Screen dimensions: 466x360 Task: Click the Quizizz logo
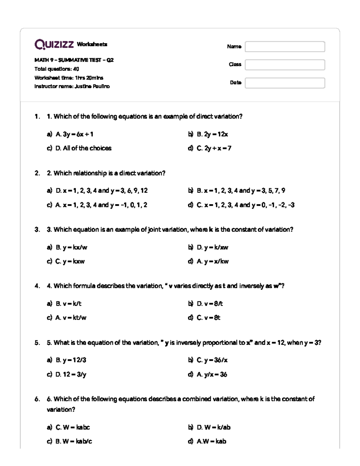tap(54, 44)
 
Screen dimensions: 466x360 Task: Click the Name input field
tap(285, 47)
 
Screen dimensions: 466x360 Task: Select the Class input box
tap(285, 65)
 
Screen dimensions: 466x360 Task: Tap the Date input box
tap(285, 83)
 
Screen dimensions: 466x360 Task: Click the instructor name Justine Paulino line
tap(72, 86)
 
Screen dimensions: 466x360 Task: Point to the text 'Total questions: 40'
tap(57, 69)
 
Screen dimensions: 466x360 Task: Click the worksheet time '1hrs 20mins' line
tap(69, 78)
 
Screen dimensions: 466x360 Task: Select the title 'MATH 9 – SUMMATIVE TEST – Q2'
tap(74, 60)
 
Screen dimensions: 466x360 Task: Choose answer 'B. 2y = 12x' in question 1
tap(212, 134)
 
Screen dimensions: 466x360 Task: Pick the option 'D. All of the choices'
tap(83, 148)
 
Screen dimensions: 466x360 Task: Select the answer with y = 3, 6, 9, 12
tap(101, 191)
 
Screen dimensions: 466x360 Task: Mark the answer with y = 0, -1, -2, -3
tap(245, 205)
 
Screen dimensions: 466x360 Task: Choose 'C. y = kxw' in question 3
tap(70, 261)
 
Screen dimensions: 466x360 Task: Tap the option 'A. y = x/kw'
tap(212, 261)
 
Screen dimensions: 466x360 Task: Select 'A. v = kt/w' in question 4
tap(71, 317)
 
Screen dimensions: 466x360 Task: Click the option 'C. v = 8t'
tap(208, 317)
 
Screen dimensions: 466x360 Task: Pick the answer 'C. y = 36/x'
tap(212, 360)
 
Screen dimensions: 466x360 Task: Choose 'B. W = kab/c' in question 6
tap(73, 441)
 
